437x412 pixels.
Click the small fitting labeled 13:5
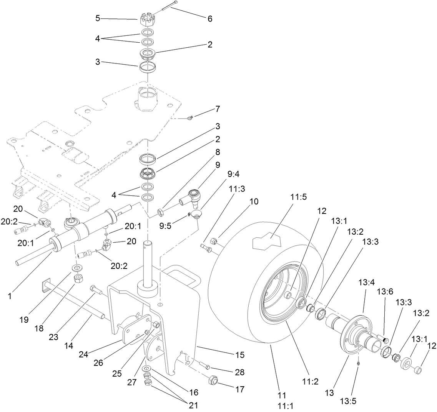click(358, 362)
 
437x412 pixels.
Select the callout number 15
click(239, 355)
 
